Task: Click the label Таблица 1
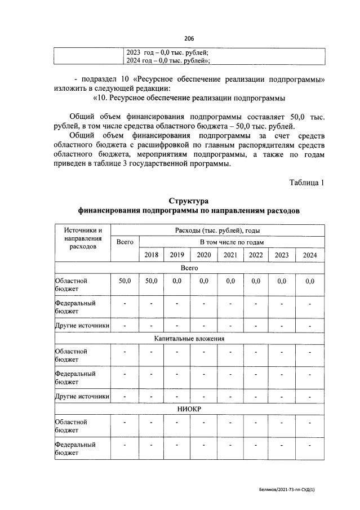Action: tap(307, 182)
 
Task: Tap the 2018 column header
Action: tap(151, 255)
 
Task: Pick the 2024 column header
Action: tap(309, 255)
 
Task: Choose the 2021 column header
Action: tap(230, 255)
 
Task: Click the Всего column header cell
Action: tap(125, 242)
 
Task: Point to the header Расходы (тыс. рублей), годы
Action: tap(217, 230)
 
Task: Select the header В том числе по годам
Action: tap(231, 242)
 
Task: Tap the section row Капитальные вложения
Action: tap(189, 339)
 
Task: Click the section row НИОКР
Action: tap(189, 410)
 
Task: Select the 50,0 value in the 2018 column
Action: tap(151, 280)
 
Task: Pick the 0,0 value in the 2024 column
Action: tap(309, 280)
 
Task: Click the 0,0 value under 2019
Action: tap(177, 280)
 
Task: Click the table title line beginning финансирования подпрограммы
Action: tap(189, 211)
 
